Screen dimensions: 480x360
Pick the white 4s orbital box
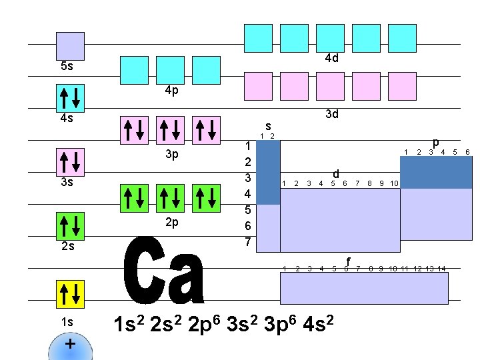click(x=70, y=98)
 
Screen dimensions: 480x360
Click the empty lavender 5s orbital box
click(x=70, y=45)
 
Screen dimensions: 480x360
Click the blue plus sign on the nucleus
click(x=69, y=344)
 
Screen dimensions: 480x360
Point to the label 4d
click(x=331, y=58)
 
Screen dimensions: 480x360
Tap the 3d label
click(x=331, y=114)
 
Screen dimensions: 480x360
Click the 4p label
click(x=171, y=91)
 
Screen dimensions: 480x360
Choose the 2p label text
click(x=171, y=222)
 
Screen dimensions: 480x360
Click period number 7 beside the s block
click(x=247, y=242)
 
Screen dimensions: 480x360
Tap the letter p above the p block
click(x=435, y=142)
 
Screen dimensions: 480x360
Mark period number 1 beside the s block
click(x=247, y=146)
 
